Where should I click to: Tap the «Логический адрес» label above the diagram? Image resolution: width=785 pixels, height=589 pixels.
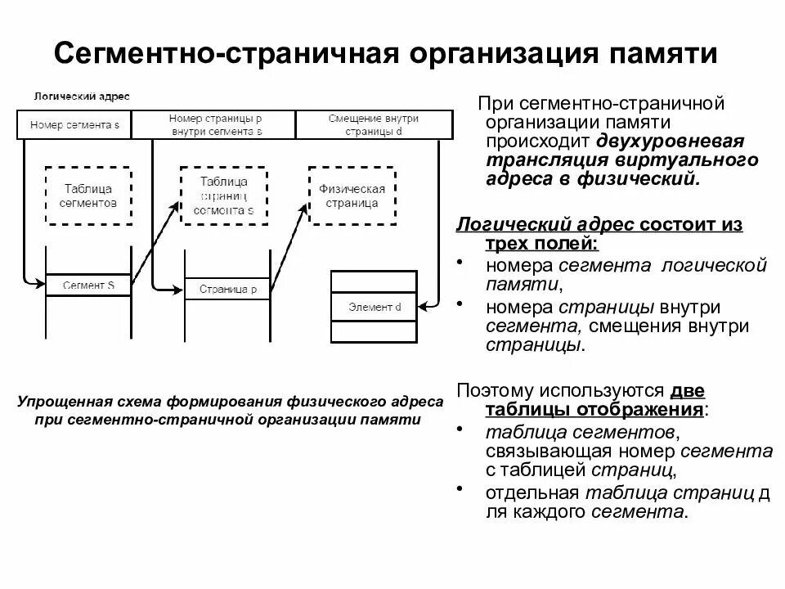[x=81, y=97]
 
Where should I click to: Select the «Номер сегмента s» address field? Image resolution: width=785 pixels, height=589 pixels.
[x=74, y=125]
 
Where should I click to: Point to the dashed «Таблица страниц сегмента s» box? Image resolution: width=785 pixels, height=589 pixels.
[x=223, y=196]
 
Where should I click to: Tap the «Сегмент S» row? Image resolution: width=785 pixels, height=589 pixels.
[x=89, y=286]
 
